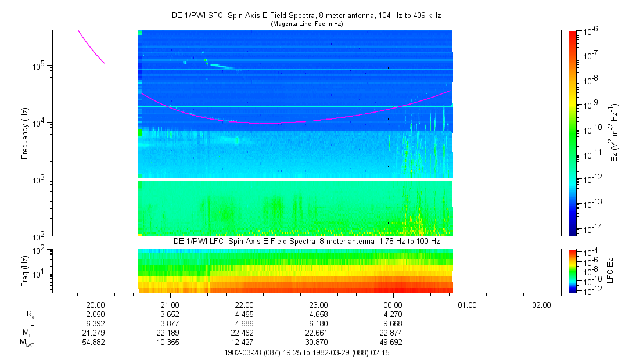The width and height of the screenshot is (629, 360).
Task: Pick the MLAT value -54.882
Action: click(95, 342)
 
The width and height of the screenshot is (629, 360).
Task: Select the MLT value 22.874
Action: click(393, 332)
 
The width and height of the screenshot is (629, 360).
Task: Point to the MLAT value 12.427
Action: click(245, 342)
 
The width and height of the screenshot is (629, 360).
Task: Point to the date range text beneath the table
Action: click(307, 352)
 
